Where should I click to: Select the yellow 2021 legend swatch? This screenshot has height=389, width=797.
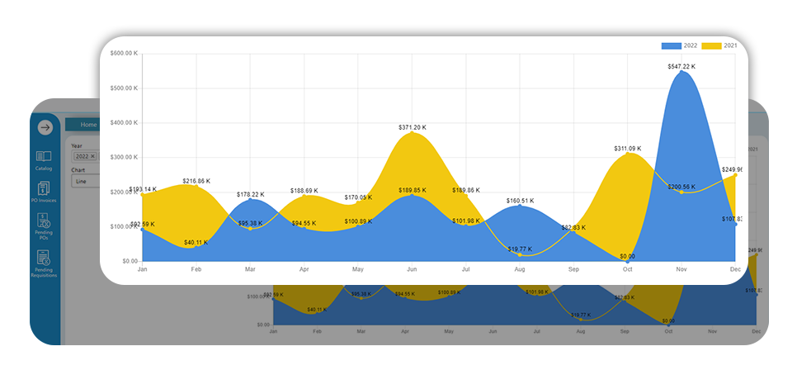(x=711, y=45)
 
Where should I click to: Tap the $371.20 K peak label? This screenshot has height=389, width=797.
(x=413, y=127)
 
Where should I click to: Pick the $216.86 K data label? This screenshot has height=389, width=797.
(x=196, y=180)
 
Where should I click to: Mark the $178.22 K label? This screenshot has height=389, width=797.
(x=251, y=194)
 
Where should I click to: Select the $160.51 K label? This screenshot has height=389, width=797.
(x=520, y=201)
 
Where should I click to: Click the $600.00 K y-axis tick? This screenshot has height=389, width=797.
(x=121, y=54)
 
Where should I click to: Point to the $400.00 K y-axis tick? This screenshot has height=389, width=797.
(x=121, y=123)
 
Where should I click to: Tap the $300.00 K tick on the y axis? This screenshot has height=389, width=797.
(x=121, y=157)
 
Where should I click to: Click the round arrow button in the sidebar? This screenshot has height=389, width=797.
(x=45, y=127)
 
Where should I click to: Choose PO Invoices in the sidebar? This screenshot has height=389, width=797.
(x=44, y=194)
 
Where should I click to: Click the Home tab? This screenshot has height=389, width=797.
(x=88, y=125)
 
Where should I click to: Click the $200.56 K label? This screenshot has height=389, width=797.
(x=681, y=187)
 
